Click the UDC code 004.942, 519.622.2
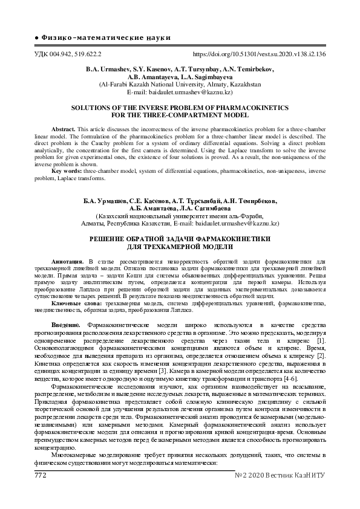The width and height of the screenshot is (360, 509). coord(67,54)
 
